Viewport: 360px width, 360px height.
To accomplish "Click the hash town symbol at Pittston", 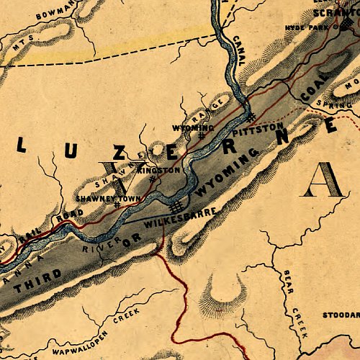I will click(249, 116).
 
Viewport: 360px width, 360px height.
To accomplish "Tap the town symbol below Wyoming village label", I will click(201, 135).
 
